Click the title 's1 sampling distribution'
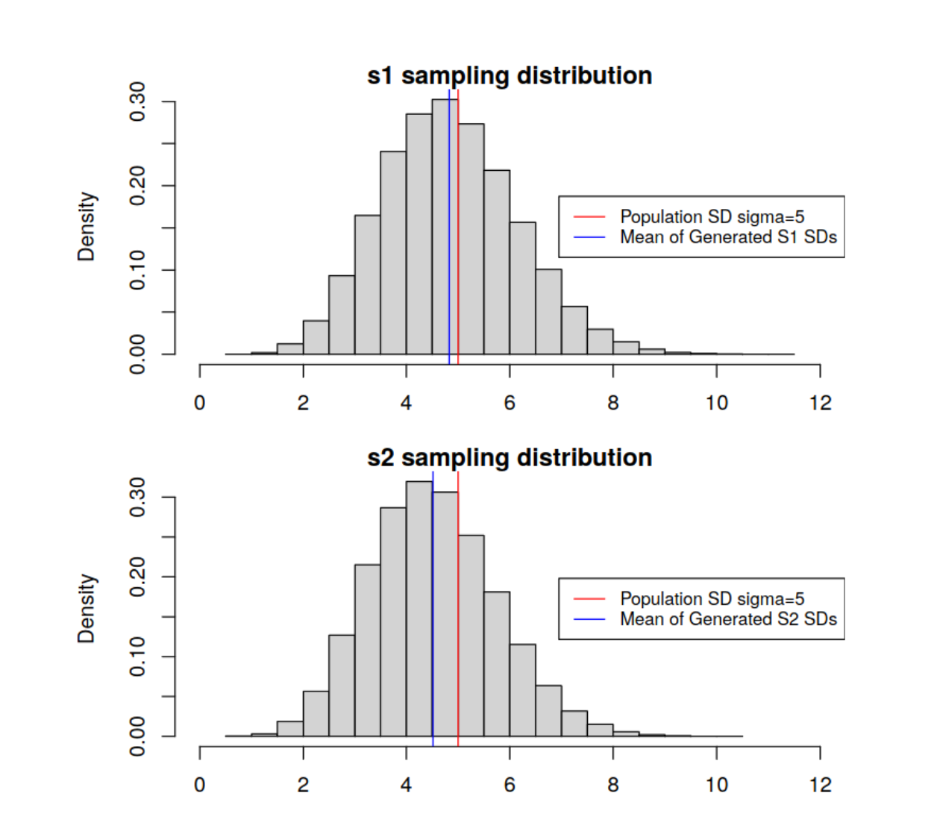[x=510, y=75]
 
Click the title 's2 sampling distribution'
[x=510, y=457]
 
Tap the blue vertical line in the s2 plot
[x=433, y=634]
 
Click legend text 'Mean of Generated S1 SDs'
[x=728, y=237]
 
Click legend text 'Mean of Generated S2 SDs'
[x=728, y=619]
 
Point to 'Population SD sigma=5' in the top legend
[x=712, y=217]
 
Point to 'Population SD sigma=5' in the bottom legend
[x=712, y=599]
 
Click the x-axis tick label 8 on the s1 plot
[x=613, y=404]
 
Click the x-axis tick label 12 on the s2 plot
[x=820, y=785]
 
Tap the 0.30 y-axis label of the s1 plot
[x=138, y=101]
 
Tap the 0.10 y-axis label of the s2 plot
[x=138, y=656]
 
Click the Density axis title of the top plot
[x=87, y=227]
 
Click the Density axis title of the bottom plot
[x=87, y=609]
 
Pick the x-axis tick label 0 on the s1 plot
[x=199, y=404]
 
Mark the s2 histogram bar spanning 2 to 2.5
[x=316, y=716]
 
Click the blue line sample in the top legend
[x=589, y=237]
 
